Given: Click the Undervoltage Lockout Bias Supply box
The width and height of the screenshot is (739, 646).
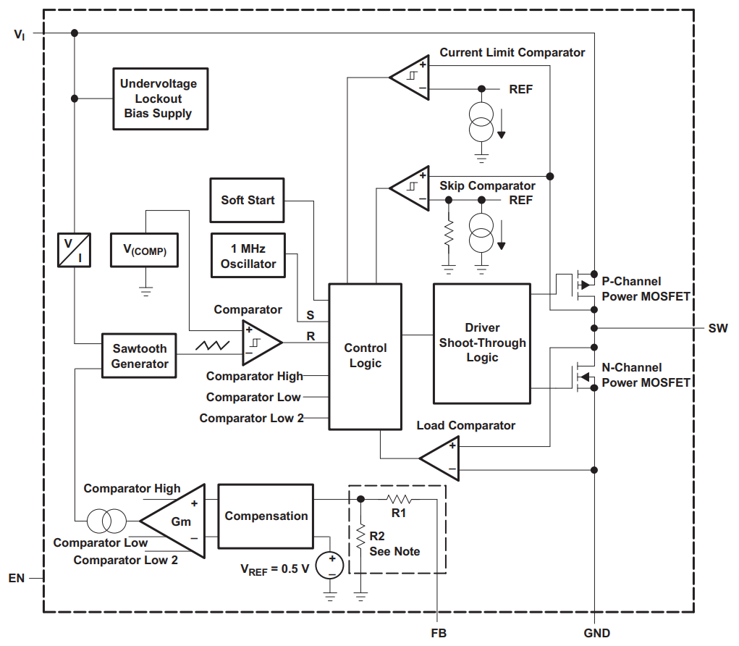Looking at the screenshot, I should pos(160,98).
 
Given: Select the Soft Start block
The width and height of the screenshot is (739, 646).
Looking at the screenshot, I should pos(248,200).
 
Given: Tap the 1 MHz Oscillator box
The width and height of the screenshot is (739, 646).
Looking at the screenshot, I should pos(248,256).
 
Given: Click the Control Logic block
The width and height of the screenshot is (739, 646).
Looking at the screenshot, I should pos(365,356).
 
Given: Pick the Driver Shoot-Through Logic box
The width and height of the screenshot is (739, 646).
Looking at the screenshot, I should pos(482,343).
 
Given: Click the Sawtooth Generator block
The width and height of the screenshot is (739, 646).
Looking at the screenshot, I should pos(140,356).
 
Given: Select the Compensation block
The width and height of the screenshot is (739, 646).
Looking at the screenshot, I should pos(266,516).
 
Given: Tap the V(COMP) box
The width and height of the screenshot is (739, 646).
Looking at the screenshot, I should pos(145,250).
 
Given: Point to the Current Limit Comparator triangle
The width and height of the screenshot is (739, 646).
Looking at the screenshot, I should pos(411,77).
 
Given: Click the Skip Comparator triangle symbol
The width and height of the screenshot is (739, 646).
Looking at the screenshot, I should pos(411,188).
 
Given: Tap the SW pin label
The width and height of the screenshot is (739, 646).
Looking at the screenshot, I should pos(717,328).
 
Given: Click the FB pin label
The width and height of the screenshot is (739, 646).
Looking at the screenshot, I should pos(439,633).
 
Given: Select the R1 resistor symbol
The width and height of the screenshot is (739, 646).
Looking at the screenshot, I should pos(399,499).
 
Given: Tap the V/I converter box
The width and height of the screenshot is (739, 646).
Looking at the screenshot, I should pos(75,250).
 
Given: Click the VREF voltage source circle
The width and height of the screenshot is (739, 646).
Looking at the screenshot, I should pos(331,565).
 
